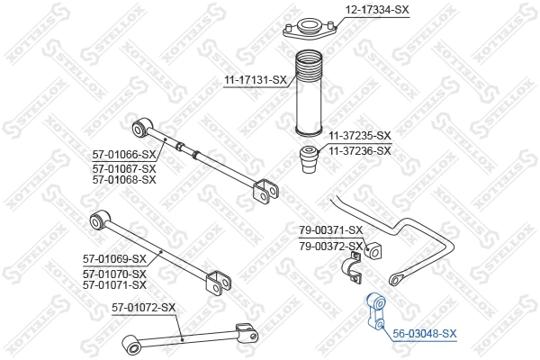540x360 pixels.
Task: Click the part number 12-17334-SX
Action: (377, 10)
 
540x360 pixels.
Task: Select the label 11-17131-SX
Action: (256, 80)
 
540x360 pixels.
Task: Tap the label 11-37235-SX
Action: (359, 136)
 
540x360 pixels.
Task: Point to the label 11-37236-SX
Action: (359, 150)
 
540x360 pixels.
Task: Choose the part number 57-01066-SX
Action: (124, 155)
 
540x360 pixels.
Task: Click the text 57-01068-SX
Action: (124, 179)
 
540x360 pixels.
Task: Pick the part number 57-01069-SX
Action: (114, 259)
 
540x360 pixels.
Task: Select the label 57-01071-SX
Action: (114, 284)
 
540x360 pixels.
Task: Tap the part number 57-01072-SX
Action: (143, 308)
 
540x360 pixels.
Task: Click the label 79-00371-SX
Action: (330, 230)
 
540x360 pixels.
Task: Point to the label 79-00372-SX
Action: (330, 246)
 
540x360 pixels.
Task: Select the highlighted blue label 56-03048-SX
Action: (425, 333)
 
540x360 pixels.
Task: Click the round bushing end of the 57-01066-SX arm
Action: (139, 124)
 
